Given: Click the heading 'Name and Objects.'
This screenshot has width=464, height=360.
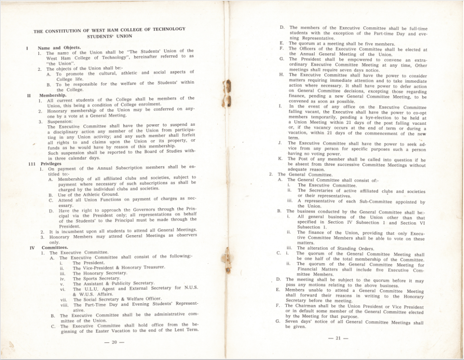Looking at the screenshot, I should coord(59,48).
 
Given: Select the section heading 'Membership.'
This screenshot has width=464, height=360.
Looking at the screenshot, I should coord(53,95).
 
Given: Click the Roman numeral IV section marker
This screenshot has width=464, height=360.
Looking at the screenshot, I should coord(32,248).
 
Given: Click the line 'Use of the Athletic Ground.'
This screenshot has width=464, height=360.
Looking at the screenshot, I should coord(88,195).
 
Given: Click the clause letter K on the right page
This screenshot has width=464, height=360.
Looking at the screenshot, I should coord(280,159).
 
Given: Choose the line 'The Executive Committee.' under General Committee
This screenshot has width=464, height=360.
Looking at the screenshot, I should coord(320,185).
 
